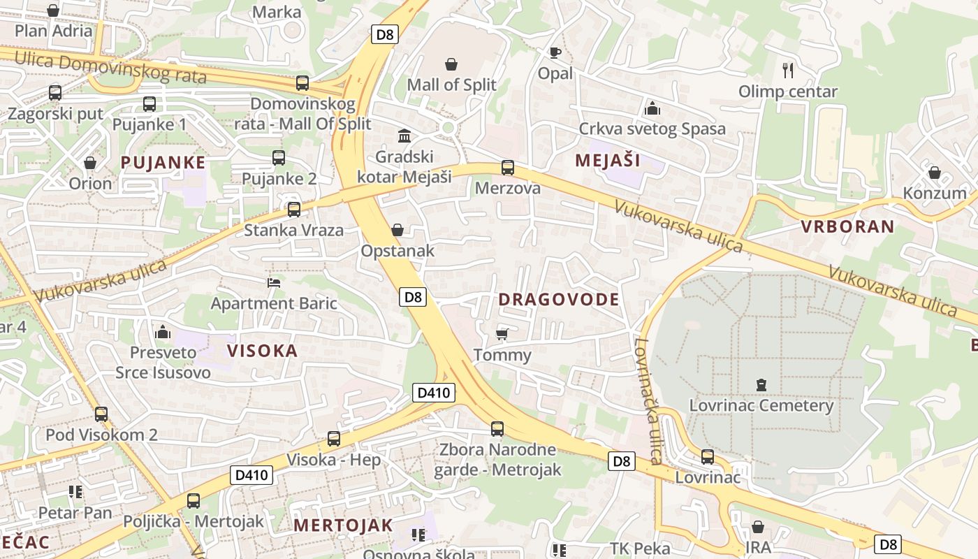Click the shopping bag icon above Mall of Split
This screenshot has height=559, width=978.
[x=452, y=64]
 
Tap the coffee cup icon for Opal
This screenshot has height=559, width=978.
[x=555, y=52]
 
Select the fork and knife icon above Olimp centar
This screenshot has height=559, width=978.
[x=788, y=70]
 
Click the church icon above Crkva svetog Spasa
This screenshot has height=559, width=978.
[x=652, y=108]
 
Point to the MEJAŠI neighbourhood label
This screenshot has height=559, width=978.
[x=608, y=161]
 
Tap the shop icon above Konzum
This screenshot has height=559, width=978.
[x=935, y=173]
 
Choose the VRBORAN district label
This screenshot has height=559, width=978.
[x=847, y=226]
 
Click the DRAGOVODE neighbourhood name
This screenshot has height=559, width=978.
[x=559, y=300]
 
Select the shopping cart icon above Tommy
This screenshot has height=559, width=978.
[x=502, y=334]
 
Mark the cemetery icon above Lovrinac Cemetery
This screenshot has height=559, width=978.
[x=761, y=384]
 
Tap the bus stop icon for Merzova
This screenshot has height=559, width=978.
[x=508, y=168]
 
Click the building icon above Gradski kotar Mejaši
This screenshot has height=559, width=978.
[x=404, y=136]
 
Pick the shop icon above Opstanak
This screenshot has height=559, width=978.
[x=397, y=230]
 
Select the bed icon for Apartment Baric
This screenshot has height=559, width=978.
[x=274, y=283]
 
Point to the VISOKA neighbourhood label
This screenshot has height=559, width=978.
[x=263, y=351]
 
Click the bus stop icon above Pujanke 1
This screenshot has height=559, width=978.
[x=149, y=105]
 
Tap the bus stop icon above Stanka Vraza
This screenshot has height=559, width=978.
[x=294, y=210]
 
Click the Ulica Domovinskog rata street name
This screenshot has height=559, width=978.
[x=110, y=67]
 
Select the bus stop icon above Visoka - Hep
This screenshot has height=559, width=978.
[x=334, y=439]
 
